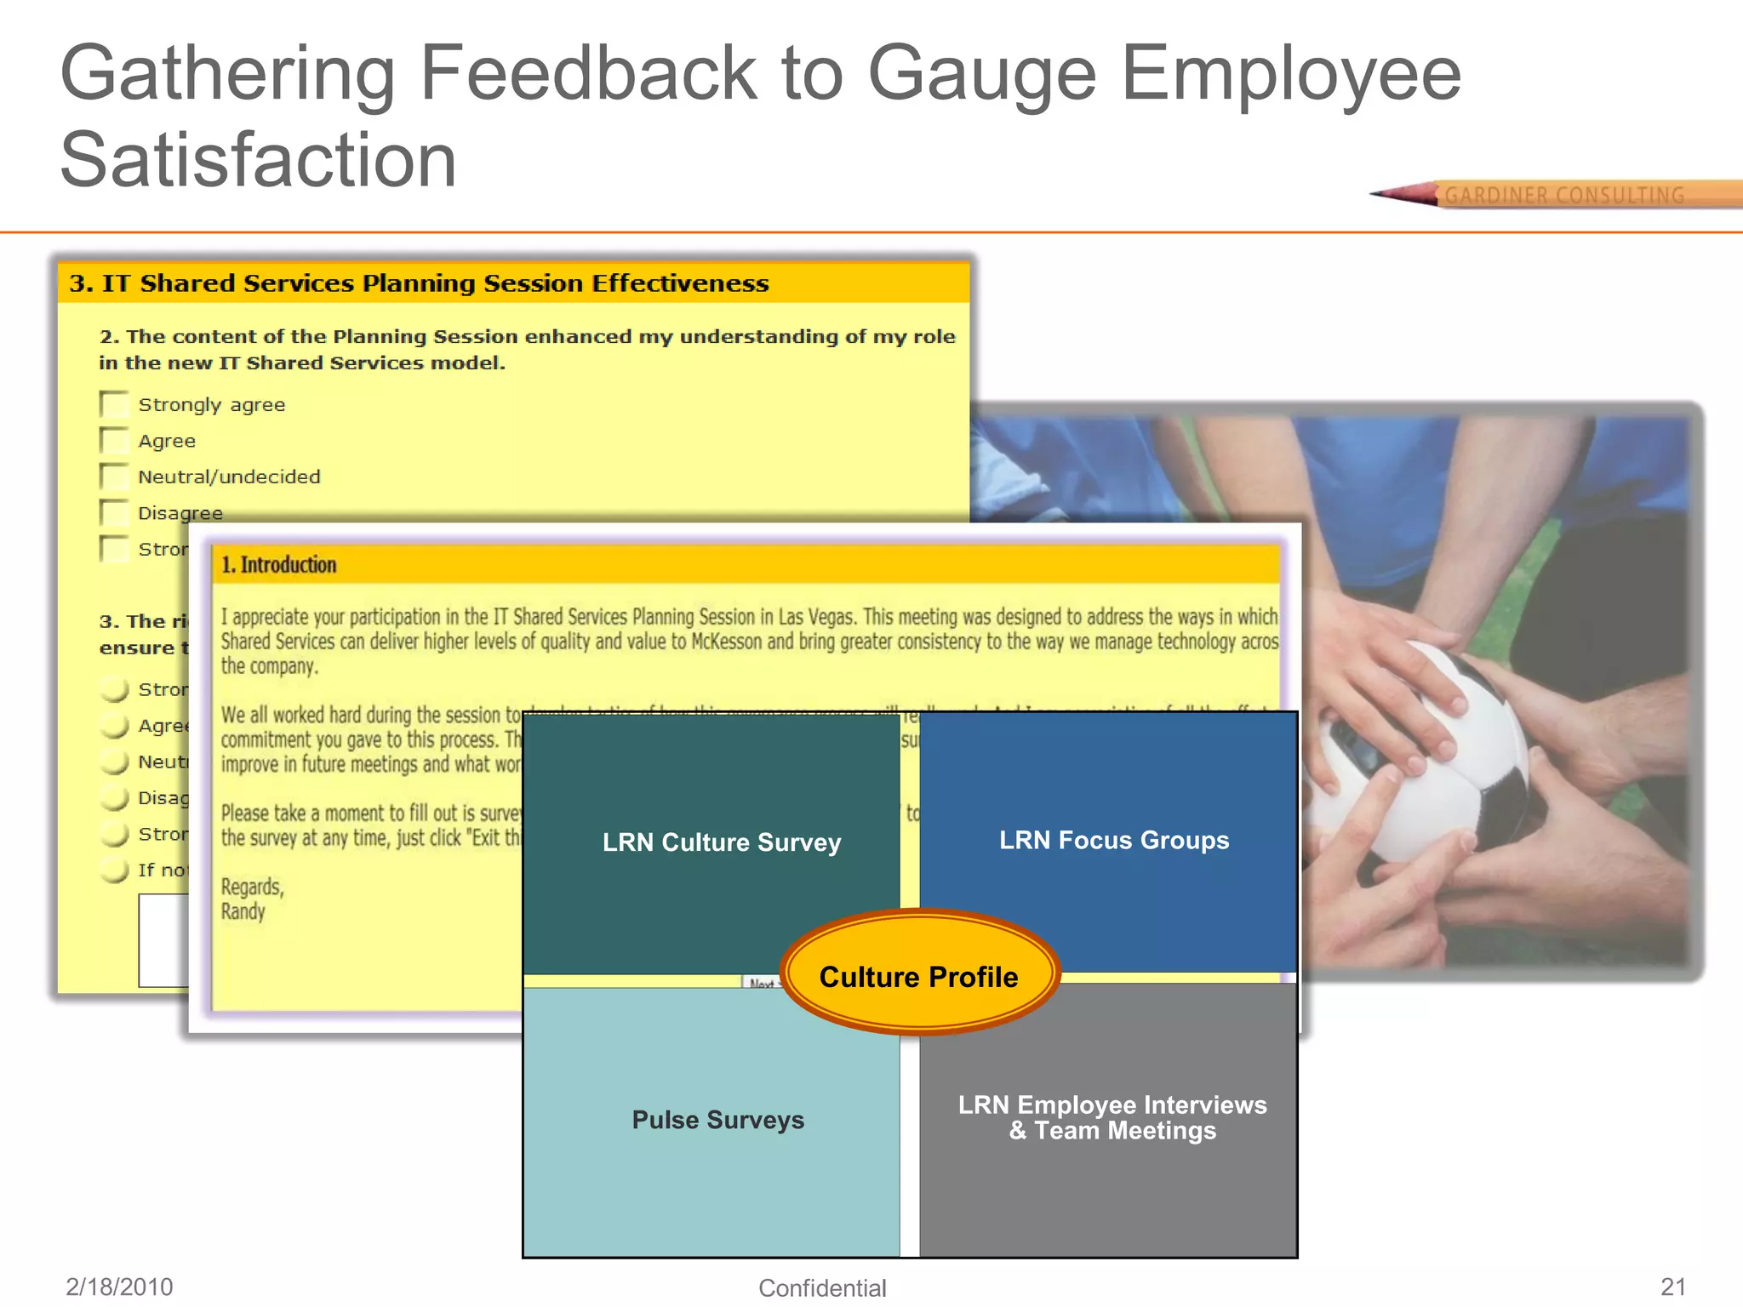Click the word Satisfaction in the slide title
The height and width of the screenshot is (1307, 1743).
pyautogui.click(x=258, y=160)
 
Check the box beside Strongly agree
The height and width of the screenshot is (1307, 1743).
pyautogui.click(x=113, y=404)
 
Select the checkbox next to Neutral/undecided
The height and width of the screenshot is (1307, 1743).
pyautogui.click(x=113, y=477)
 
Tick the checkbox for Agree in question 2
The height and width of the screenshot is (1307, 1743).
pyautogui.click(x=113, y=441)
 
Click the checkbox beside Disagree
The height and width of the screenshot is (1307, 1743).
pyautogui.click(x=113, y=512)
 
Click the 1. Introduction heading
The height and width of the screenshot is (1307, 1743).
pyautogui.click(x=279, y=565)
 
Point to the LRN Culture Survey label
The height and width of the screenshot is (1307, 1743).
pyautogui.click(x=721, y=842)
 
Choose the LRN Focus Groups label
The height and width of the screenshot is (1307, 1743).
pyautogui.click(x=1113, y=841)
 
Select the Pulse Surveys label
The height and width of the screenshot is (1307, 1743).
pyautogui.click(x=717, y=1120)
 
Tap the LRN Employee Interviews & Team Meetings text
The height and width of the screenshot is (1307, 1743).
pyautogui.click(x=1112, y=1117)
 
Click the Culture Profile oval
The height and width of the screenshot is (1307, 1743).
pyautogui.click(x=918, y=976)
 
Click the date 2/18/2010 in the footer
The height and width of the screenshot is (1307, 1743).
pyautogui.click(x=119, y=1287)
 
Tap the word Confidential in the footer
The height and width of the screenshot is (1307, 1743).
pyautogui.click(x=822, y=1288)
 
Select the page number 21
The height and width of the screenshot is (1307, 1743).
pyautogui.click(x=1672, y=1287)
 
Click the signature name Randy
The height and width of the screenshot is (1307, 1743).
pyautogui.click(x=243, y=911)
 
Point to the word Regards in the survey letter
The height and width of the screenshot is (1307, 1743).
pyautogui.click(x=252, y=887)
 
